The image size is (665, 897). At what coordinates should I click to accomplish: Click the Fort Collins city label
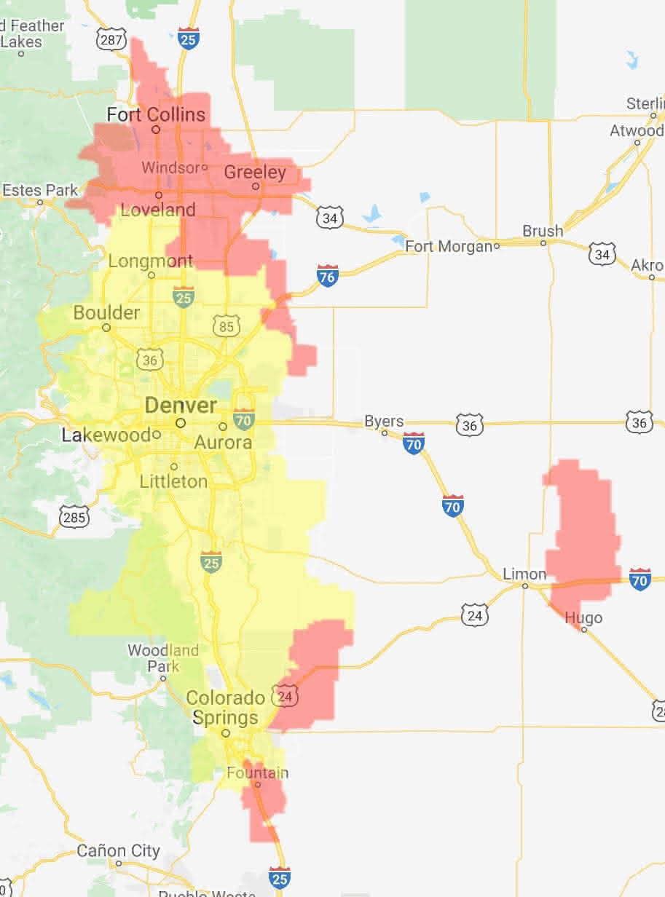pos(155,115)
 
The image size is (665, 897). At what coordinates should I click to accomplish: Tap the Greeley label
pos(254,173)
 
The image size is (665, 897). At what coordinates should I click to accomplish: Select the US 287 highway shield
pos(111,39)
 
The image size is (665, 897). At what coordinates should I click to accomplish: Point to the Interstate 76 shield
pos(328,275)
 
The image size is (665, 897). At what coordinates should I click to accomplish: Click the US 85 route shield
pos(226,326)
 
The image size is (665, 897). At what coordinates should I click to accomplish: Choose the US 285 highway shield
pos(75,517)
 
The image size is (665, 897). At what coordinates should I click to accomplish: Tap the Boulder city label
pos(106,313)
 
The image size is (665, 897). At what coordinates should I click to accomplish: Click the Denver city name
pos(181,406)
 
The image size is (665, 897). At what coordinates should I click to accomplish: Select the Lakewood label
pos(106,436)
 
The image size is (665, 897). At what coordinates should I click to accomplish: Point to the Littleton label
pos(173,481)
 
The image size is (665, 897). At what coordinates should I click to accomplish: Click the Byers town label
pos(384,422)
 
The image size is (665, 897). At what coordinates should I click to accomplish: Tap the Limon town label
pos(524,574)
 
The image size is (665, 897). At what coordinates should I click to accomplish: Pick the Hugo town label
pos(584,618)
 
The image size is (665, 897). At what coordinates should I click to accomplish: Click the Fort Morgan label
pos(449,247)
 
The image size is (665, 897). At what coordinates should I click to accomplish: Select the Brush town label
pos(543,231)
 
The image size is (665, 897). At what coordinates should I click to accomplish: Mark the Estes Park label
pos(39,191)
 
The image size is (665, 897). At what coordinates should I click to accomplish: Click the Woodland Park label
pos(163,657)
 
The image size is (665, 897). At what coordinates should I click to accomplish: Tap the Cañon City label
pos(118,850)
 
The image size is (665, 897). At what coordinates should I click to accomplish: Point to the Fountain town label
pos(257,772)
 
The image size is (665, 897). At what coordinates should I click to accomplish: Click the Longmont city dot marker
pos(152,275)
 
